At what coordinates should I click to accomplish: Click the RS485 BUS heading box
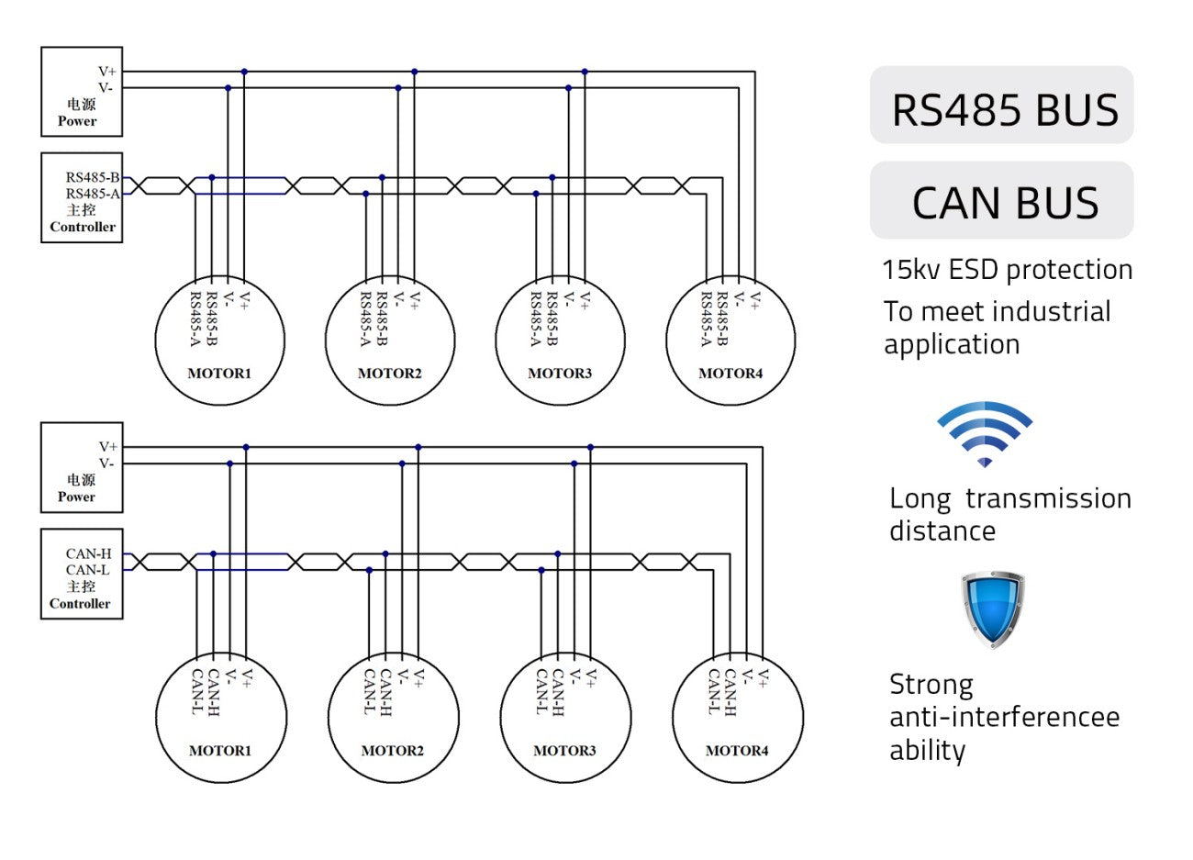[x=1001, y=105]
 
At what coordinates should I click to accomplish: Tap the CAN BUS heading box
[x=1001, y=200]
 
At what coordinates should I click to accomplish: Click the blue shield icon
[x=993, y=609]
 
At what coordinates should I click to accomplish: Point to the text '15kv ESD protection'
[x=1007, y=270]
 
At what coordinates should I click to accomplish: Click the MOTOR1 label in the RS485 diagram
[x=219, y=374]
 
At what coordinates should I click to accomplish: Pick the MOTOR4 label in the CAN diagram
[x=737, y=751]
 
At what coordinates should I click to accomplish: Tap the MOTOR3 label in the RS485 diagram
[x=560, y=374]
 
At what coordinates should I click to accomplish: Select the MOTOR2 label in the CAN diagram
[x=393, y=751]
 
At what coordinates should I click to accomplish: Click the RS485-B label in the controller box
[x=93, y=177]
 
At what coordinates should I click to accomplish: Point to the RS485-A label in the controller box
[x=93, y=194]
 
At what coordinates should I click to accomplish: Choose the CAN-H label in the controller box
[x=89, y=553]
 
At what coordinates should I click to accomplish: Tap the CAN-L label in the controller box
[x=88, y=570]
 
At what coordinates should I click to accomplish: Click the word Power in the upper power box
[x=77, y=121]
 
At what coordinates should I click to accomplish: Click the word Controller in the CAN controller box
[x=80, y=603]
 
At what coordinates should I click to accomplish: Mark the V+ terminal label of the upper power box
[x=107, y=72]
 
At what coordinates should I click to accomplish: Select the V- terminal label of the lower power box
[x=106, y=464]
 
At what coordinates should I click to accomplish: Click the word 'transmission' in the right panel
[x=1049, y=499]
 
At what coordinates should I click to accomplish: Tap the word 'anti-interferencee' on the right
[x=1005, y=718]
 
